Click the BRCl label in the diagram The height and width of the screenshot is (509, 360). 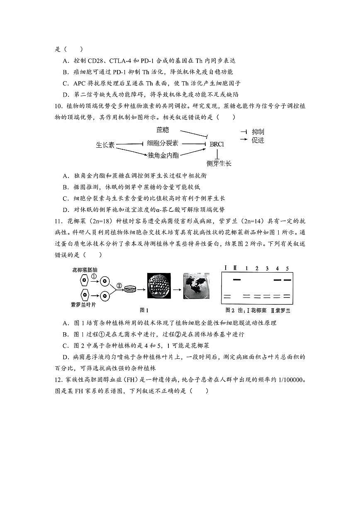point(216,144)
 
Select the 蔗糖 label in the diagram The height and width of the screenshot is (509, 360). point(163,130)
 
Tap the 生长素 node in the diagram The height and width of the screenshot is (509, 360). point(105,145)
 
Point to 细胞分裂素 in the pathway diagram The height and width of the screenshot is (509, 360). point(162,143)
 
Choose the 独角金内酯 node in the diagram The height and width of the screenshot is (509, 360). point(163,155)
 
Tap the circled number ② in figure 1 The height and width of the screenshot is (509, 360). point(119,285)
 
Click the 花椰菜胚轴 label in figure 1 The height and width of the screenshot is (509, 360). point(84,270)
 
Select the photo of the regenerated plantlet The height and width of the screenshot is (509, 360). point(197,286)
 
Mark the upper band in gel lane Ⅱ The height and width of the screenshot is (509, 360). point(237,279)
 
